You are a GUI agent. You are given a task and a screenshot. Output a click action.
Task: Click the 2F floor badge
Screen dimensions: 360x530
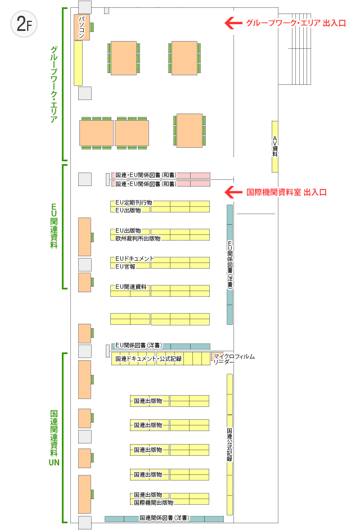pos(24,24)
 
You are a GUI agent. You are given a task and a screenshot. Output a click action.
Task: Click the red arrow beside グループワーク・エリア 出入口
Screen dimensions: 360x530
pos(233,23)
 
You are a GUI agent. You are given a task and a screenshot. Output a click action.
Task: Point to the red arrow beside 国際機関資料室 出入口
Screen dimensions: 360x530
pos(233,192)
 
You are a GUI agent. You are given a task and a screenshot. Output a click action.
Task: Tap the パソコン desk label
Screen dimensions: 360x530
pos(82,27)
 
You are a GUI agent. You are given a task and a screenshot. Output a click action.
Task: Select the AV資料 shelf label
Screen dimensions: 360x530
pos(274,146)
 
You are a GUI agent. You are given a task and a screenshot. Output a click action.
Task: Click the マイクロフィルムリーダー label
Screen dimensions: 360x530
pos(233,359)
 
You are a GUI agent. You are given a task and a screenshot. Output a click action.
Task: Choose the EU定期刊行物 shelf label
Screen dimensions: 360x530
pos(134,203)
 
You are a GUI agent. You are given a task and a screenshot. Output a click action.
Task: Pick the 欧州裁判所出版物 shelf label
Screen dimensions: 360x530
pos(138,238)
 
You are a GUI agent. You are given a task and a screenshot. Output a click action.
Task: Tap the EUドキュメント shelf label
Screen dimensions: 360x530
pos(134,259)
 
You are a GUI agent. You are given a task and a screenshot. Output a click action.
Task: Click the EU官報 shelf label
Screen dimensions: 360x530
pos(125,266)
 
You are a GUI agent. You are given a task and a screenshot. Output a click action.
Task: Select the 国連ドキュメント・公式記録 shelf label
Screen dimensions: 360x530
pos(148,359)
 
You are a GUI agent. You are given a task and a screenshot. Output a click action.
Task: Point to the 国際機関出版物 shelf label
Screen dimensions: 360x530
pos(154,502)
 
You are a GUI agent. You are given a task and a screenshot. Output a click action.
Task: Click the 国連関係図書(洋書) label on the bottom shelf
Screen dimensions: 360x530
pos(164,518)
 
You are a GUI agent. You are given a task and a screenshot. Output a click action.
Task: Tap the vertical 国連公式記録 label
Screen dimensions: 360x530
pos(229,445)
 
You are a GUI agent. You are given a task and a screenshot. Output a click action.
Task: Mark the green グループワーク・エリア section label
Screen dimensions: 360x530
pos(54,84)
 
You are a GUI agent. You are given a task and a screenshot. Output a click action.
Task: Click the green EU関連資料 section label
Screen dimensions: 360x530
pos(54,226)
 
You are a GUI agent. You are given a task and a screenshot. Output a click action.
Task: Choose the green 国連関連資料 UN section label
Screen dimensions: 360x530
pos(54,438)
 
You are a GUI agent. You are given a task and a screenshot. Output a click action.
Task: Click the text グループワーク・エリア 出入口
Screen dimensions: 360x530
pos(296,23)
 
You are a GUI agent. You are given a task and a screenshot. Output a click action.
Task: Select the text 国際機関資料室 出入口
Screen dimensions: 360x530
pos(286,192)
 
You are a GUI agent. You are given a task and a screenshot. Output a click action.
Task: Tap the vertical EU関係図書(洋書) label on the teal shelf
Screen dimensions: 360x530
pos(229,265)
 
